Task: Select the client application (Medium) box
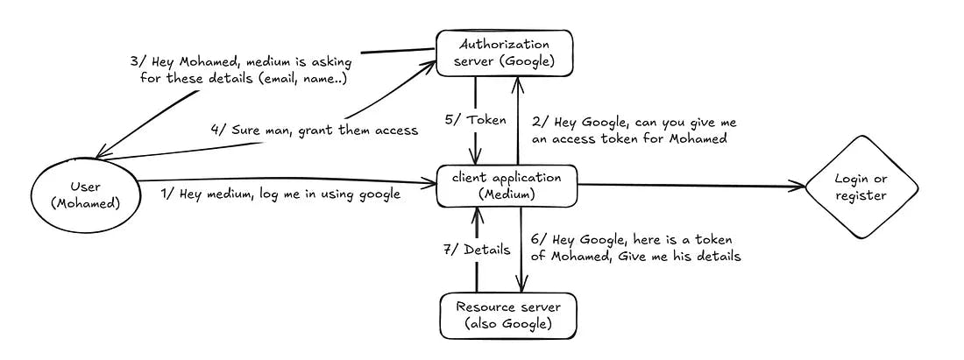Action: [x=506, y=185]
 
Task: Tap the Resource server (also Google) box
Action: [x=506, y=315]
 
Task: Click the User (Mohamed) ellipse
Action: [x=84, y=194]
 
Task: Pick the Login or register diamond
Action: [x=861, y=187]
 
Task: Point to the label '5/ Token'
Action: [x=475, y=120]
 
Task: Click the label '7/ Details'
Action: [x=477, y=250]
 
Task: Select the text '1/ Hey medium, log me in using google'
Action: [x=280, y=194]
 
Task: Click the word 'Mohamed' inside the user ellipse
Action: [x=84, y=204]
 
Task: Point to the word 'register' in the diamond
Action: [x=861, y=196]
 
